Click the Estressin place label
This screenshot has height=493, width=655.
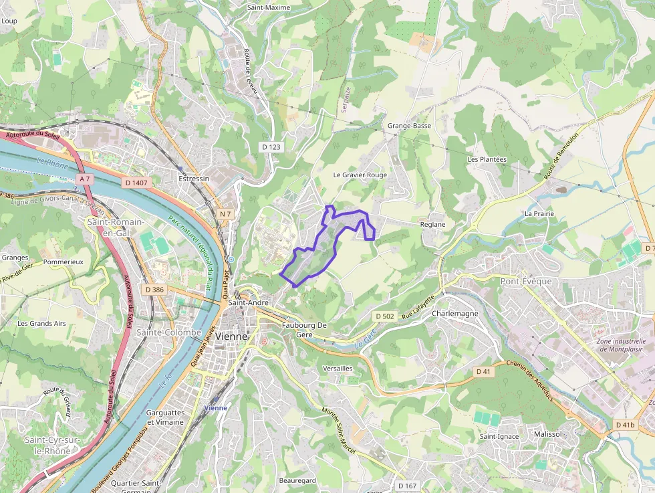click(x=194, y=179)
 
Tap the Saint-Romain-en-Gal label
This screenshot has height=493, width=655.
click(x=115, y=227)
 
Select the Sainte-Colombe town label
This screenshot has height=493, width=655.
click(x=168, y=332)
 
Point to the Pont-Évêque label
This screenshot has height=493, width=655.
click(x=526, y=282)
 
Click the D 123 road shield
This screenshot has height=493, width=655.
click(x=271, y=146)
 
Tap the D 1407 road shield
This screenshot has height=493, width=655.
click(x=136, y=183)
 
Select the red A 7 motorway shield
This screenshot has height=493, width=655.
click(x=84, y=179)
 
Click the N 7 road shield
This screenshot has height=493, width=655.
click(x=225, y=214)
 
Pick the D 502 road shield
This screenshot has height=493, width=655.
click(x=384, y=316)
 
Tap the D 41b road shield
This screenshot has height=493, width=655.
click(x=625, y=425)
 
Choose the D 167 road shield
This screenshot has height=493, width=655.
click(x=406, y=486)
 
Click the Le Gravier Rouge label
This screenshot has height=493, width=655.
click(x=360, y=175)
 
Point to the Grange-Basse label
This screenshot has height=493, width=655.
click(x=409, y=126)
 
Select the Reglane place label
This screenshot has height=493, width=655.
click(x=432, y=225)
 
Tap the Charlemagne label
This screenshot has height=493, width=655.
click(x=455, y=313)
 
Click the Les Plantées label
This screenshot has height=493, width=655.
click(x=487, y=159)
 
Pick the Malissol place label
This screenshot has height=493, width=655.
click(x=548, y=434)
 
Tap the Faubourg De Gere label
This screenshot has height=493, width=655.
click(x=304, y=329)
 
